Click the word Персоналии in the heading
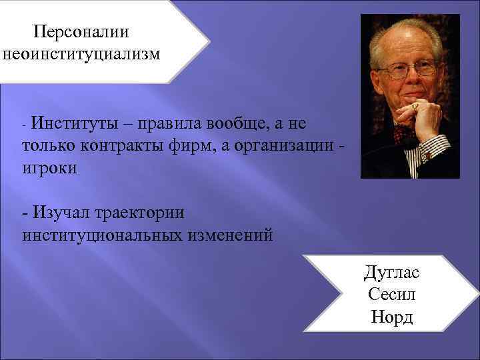82,31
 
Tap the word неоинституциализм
82,54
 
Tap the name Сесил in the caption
391,294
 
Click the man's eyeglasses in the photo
407,69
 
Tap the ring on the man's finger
414,106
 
